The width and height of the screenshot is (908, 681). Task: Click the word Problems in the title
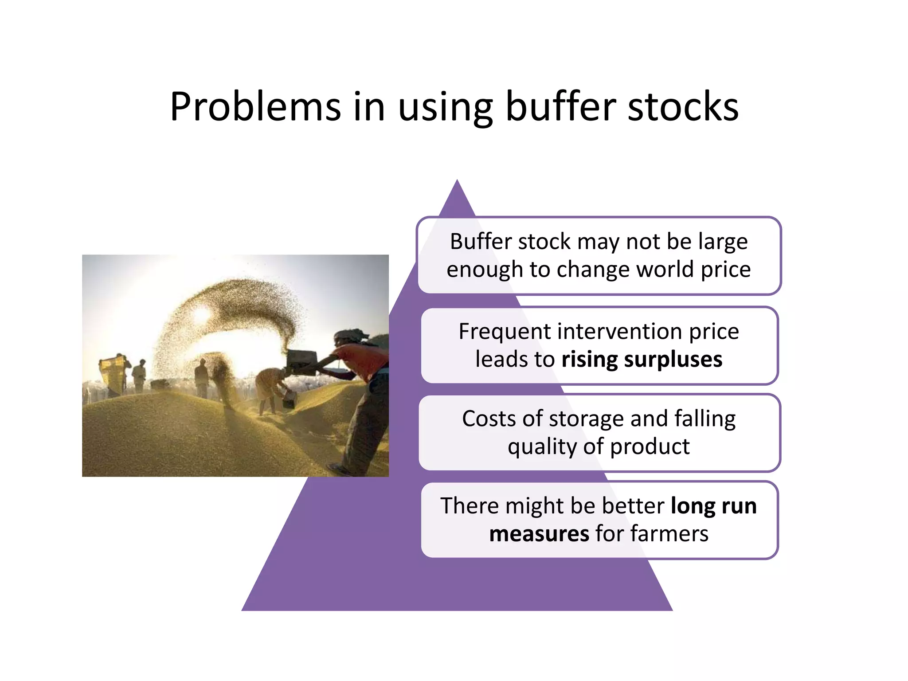click(x=255, y=107)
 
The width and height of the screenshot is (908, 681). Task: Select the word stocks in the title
click(x=683, y=107)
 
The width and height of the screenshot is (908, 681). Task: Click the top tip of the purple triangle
click(x=457, y=182)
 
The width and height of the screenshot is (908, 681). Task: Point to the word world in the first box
click(x=665, y=270)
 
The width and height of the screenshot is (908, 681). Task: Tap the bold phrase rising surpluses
click(x=642, y=359)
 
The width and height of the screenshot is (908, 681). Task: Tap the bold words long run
click(x=713, y=506)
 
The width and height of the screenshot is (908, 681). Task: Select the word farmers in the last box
click(x=669, y=533)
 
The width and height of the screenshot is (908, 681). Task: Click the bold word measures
click(x=539, y=533)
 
